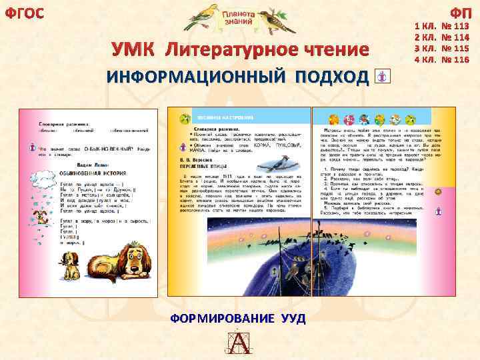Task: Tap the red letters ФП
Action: click(x=460, y=13)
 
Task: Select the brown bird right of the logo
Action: click(x=273, y=20)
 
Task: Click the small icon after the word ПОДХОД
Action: click(x=382, y=77)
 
